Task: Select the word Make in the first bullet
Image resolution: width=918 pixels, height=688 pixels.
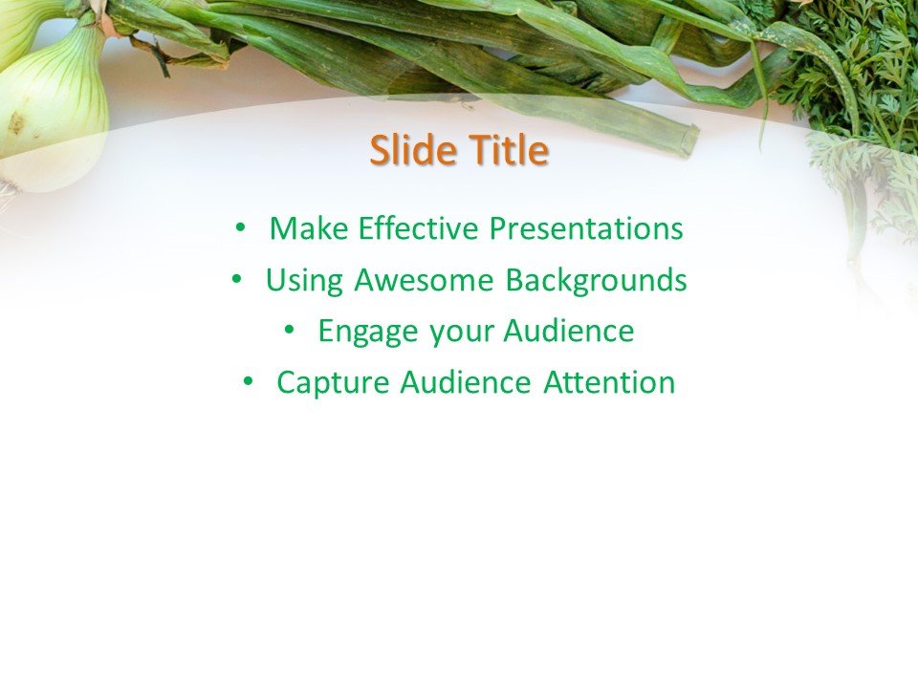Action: (309, 229)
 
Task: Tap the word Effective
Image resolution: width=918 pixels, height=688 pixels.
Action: (419, 229)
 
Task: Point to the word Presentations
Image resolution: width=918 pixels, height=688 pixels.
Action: (586, 229)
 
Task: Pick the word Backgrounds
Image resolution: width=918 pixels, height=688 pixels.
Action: (596, 281)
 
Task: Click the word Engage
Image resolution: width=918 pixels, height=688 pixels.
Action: (368, 333)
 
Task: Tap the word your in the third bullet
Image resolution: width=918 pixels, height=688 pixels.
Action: (461, 333)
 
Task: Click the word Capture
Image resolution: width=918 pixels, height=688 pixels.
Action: (333, 383)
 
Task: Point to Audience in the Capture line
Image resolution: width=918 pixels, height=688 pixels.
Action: (465, 383)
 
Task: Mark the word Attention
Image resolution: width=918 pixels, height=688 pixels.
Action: (609, 383)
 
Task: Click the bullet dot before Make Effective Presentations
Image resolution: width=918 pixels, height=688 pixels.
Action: (240, 228)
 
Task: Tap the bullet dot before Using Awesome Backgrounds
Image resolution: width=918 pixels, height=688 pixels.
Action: (236, 280)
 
